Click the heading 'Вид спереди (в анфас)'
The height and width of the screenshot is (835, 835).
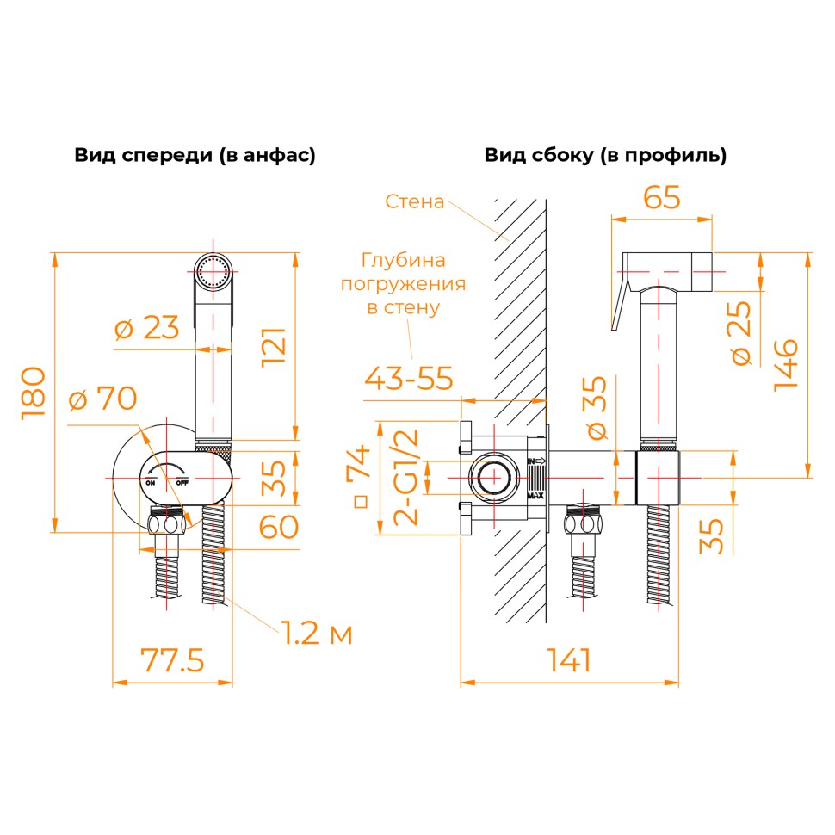(x=195, y=155)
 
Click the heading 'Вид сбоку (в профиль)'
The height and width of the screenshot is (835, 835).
(x=605, y=155)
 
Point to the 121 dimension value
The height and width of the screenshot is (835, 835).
(x=274, y=347)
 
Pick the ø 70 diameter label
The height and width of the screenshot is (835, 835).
(x=103, y=399)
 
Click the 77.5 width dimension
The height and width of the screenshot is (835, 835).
(x=172, y=660)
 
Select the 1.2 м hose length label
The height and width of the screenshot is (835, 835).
(x=317, y=634)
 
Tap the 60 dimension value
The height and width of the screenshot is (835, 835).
(x=278, y=527)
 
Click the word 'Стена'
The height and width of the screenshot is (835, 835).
(x=414, y=202)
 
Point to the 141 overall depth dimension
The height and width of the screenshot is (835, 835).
(x=569, y=660)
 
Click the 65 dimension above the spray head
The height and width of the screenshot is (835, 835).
(x=662, y=197)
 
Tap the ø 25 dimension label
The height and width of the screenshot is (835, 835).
(x=743, y=334)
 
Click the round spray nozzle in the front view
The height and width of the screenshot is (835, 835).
(x=213, y=272)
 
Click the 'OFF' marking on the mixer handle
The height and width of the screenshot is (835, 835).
(x=182, y=483)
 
